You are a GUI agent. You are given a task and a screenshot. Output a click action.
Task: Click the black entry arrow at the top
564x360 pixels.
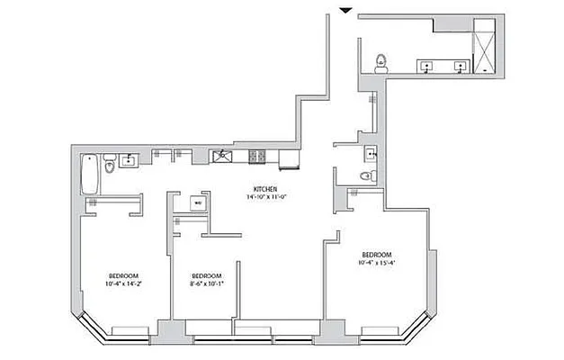click(x=345, y=10)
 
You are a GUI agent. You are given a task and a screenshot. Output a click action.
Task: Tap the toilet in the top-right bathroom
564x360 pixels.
click(x=381, y=61)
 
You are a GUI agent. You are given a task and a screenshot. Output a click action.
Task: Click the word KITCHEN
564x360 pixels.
click(x=264, y=188)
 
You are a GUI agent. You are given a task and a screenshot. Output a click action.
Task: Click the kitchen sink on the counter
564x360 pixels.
click(x=222, y=157)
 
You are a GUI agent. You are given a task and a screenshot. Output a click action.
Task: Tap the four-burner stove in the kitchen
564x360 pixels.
click(x=258, y=157)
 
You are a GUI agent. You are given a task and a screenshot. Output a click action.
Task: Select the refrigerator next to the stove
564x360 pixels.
click(x=289, y=159)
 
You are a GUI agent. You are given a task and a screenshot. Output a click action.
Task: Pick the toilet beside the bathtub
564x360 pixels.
click(x=109, y=166)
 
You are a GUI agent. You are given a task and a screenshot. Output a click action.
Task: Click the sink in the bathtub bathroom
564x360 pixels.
click(x=129, y=161)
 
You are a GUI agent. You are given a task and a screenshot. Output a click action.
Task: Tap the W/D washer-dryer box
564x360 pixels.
click(x=198, y=202)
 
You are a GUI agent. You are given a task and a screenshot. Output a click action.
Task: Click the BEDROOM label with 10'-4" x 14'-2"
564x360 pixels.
click(x=123, y=274)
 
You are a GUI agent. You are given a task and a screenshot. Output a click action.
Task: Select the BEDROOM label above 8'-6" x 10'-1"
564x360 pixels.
click(x=207, y=275)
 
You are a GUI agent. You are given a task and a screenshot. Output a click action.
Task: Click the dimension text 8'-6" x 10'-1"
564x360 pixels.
click(x=207, y=284)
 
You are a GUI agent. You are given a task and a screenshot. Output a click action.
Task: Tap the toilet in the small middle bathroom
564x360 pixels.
click(x=365, y=176)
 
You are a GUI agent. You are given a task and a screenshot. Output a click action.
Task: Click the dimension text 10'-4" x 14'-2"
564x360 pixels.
click(x=123, y=284)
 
